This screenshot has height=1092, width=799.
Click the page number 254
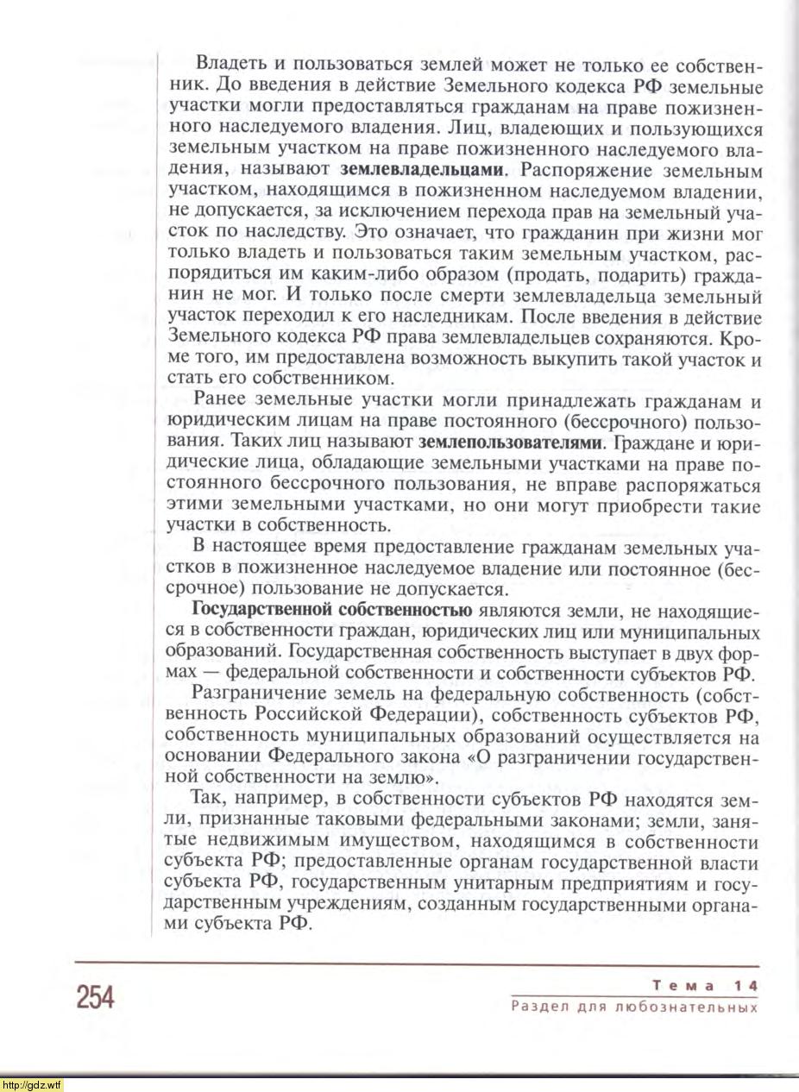(95, 997)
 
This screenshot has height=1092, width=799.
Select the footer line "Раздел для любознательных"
(634, 1007)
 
